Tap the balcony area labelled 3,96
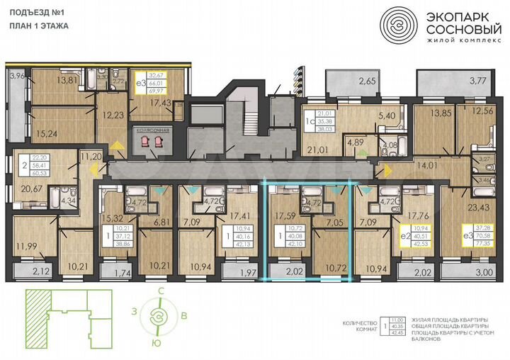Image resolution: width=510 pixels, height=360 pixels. [18, 74]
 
